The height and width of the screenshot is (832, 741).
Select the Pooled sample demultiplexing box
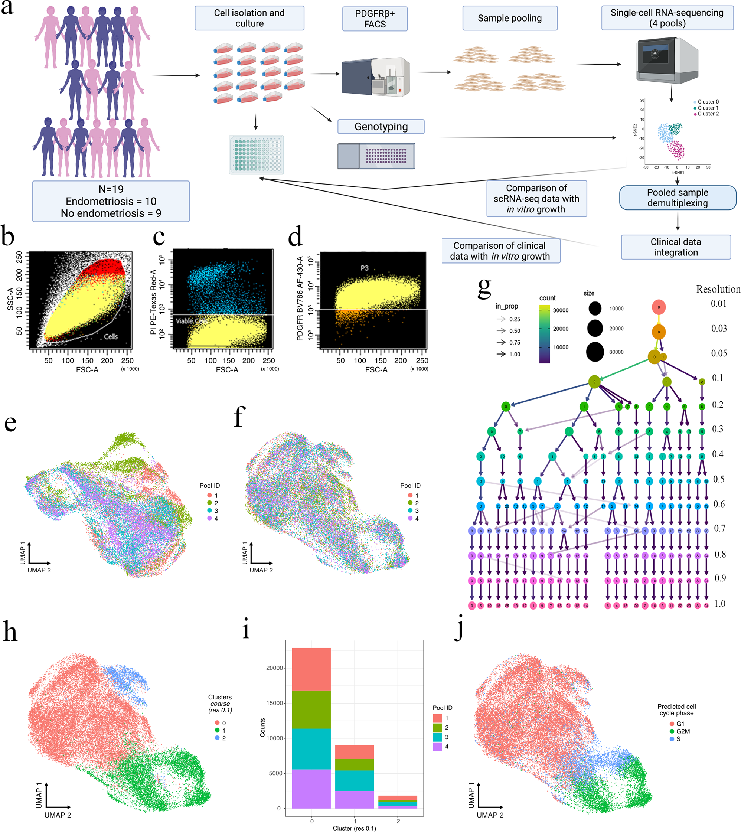tap(678, 198)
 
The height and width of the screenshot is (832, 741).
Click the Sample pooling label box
tap(510, 18)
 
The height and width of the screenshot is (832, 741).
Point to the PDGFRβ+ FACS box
tap(375, 19)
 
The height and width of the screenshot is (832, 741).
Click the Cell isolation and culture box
tap(249, 18)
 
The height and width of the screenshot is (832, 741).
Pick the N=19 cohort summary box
tap(111, 201)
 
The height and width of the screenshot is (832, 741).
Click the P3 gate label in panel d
tap(365, 268)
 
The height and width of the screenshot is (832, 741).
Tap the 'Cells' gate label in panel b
tap(110, 336)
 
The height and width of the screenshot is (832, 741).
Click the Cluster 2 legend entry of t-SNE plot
tap(708, 114)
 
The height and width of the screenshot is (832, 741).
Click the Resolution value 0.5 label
tap(719, 479)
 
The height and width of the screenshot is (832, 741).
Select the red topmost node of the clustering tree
tap(659, 307)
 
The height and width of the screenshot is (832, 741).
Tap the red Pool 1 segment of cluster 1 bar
tap(354, 752)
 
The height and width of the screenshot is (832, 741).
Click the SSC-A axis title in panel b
tap(10, 299)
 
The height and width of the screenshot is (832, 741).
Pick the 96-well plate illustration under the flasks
tap(257, 155)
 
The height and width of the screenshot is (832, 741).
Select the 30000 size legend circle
tap(595, 352)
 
